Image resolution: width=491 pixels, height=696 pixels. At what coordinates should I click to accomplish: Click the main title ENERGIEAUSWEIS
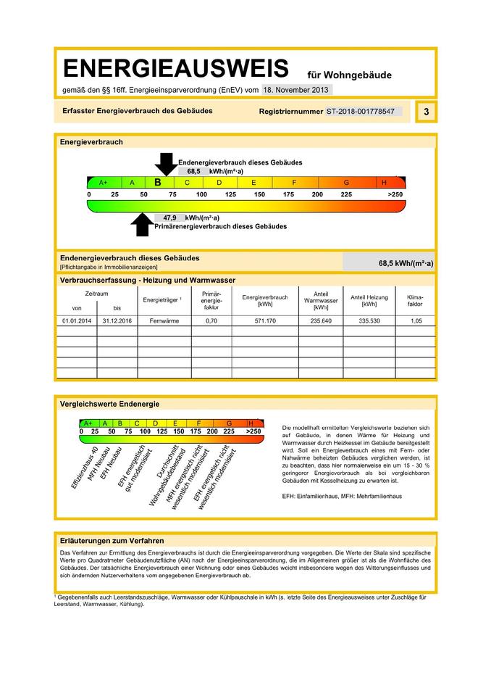175,70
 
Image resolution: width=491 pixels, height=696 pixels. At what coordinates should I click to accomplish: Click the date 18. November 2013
297,91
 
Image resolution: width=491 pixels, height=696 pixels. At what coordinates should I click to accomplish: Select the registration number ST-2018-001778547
360,112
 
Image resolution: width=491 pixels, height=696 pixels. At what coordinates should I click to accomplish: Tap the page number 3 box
427,112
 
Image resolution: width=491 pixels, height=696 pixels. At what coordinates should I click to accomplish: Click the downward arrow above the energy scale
166,164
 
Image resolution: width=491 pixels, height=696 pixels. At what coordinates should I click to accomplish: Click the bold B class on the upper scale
158,183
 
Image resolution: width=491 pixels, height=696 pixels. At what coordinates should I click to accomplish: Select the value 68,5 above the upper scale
193,172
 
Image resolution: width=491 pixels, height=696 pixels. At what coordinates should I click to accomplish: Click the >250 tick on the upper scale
395,196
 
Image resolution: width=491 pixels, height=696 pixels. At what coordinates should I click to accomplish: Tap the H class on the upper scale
384,183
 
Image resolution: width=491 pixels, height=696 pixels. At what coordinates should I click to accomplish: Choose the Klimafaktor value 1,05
415,320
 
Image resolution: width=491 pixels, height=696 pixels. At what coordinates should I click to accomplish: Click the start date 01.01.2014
75,320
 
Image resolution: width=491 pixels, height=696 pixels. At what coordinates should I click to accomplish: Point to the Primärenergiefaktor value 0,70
211,320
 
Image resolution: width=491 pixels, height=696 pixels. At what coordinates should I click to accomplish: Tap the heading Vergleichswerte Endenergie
109,404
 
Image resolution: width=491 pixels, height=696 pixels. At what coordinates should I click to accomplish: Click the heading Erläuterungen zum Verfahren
112,541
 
